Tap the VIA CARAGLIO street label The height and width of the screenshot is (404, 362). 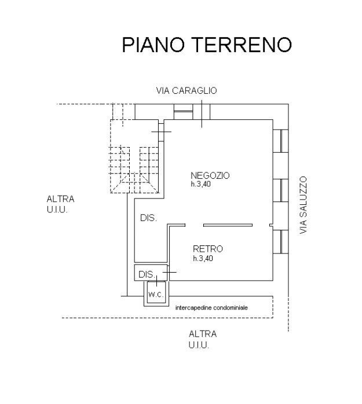[x=187, y=90]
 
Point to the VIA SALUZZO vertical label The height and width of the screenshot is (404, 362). [x=302, y=205]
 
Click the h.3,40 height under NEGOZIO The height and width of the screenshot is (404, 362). [x=202, y=185]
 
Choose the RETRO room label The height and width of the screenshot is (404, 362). [x=207, y=249]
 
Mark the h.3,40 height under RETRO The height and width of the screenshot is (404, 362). [x=203, y=259]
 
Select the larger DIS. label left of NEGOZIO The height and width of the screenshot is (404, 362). [x=148, y=218]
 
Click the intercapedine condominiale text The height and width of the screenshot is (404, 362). [x=211, y=308]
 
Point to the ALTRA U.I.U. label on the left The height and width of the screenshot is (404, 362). [x=60, y=204]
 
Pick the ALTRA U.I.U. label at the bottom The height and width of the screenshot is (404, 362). [x=202, y=339]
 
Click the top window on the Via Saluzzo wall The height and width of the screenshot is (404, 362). [x=280, y=141]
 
